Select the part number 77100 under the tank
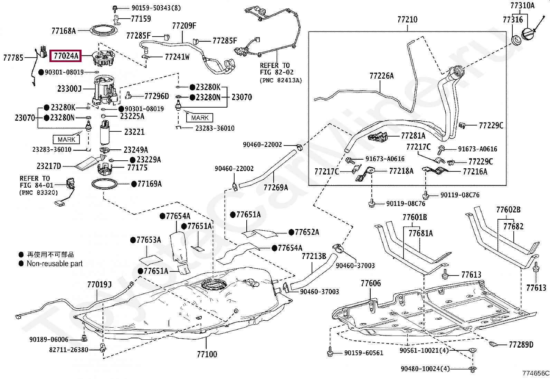pyautogui.click(x=207, y=354)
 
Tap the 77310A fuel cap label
pyautogui.click(x=522, y=6)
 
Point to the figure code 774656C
pyautogui.click(x=535, y=373)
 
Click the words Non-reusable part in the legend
pyautogui.click(x=55, y=264)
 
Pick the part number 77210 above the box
pyautogui.click(x=407, y=20)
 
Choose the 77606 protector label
pyautogui.click(x=371, y=283)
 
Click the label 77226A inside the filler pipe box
pyautogui.click(x=381, y=76)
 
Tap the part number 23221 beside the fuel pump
pyautogui.click(x=134, y=132)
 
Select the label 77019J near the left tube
pyautogui.click(x=99, y=285)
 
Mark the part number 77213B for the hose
pyautogui.click(x=314, y=256)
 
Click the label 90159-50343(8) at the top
pyautogui.click(x=151, y=8)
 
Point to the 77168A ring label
pyautogui.click(x=64, y=31)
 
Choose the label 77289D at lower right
pyautogui.click(x=521, y=344)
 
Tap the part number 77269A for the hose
pyautogui.click(x=275, y=187)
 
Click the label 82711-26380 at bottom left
pyautogui.click(x=69, y=350)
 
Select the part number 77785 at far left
pyautogui.click(x=13, y=58)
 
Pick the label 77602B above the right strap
pyautogui.click(x=508, y=209)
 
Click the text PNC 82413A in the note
pyautogui.click(x=281, y=80)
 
